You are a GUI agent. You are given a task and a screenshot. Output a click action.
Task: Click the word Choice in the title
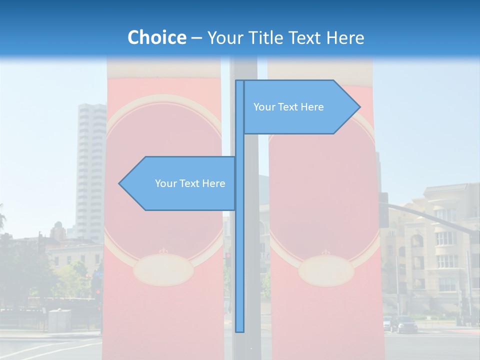point(156,37)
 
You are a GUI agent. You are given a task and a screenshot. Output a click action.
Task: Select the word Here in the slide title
point(344,37)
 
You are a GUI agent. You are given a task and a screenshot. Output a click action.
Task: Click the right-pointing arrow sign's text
point(288,107)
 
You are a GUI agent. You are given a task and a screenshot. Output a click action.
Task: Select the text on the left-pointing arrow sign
point(190,183)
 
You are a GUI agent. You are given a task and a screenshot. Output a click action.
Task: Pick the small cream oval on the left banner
point(163,269)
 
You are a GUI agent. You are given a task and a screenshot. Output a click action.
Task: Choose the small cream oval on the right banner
point(326,270)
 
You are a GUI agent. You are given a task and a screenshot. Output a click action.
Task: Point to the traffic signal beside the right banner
point(383,210)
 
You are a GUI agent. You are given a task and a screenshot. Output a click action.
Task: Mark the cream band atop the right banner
point(320,70)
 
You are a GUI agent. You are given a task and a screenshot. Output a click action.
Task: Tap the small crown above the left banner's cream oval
point(161,251)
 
